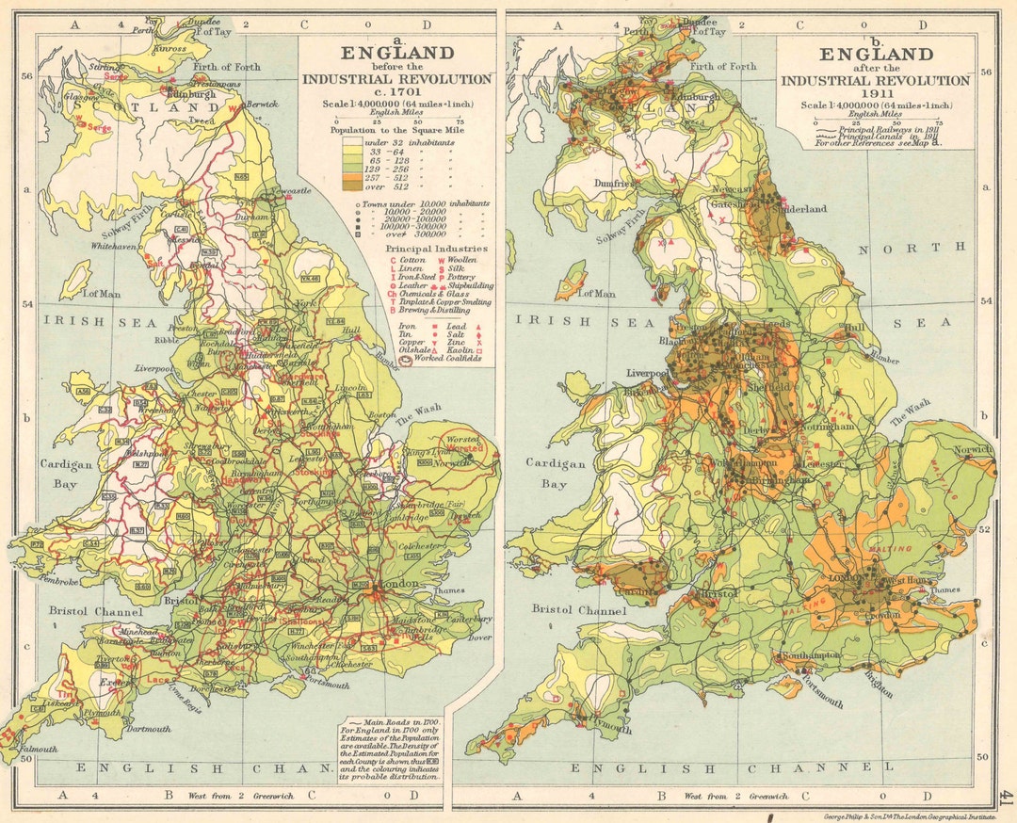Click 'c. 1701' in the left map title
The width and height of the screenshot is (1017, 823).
click(x=396, y=91)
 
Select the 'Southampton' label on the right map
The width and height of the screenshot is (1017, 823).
click(x=809, y=654)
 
